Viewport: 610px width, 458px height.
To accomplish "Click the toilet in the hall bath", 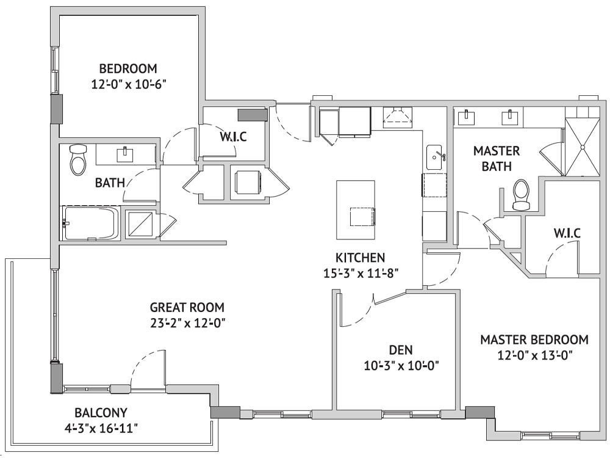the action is [78, 160].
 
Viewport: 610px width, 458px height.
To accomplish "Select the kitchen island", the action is [356, 210].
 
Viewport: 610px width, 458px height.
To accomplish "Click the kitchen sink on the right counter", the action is [436, 158].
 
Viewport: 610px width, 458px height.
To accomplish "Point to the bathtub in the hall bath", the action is [91, 224].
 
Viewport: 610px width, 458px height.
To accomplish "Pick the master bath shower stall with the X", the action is [583, 147].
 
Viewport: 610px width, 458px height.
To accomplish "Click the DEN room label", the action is [401, 350].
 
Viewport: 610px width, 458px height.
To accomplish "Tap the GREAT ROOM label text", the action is [187, 307].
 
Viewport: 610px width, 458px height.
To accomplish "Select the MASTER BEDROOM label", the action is [534, 340].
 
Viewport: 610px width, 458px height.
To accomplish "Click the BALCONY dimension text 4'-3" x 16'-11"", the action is [101, 429].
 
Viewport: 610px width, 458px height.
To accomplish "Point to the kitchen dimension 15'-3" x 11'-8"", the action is [361, 274].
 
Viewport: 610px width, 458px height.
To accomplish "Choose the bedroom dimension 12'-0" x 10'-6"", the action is [129, 84].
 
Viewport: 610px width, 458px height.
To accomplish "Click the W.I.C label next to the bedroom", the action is [233, 137].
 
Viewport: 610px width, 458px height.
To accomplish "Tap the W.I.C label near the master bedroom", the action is [567, 233].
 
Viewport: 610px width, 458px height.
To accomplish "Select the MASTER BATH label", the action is [497, 159].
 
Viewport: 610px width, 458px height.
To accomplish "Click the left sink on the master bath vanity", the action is [465, 117].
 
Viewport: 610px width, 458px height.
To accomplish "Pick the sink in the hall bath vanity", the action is [125, 154].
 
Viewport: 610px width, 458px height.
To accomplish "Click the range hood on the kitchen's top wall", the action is [397, 117].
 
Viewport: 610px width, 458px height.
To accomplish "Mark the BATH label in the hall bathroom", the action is [110, 183].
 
